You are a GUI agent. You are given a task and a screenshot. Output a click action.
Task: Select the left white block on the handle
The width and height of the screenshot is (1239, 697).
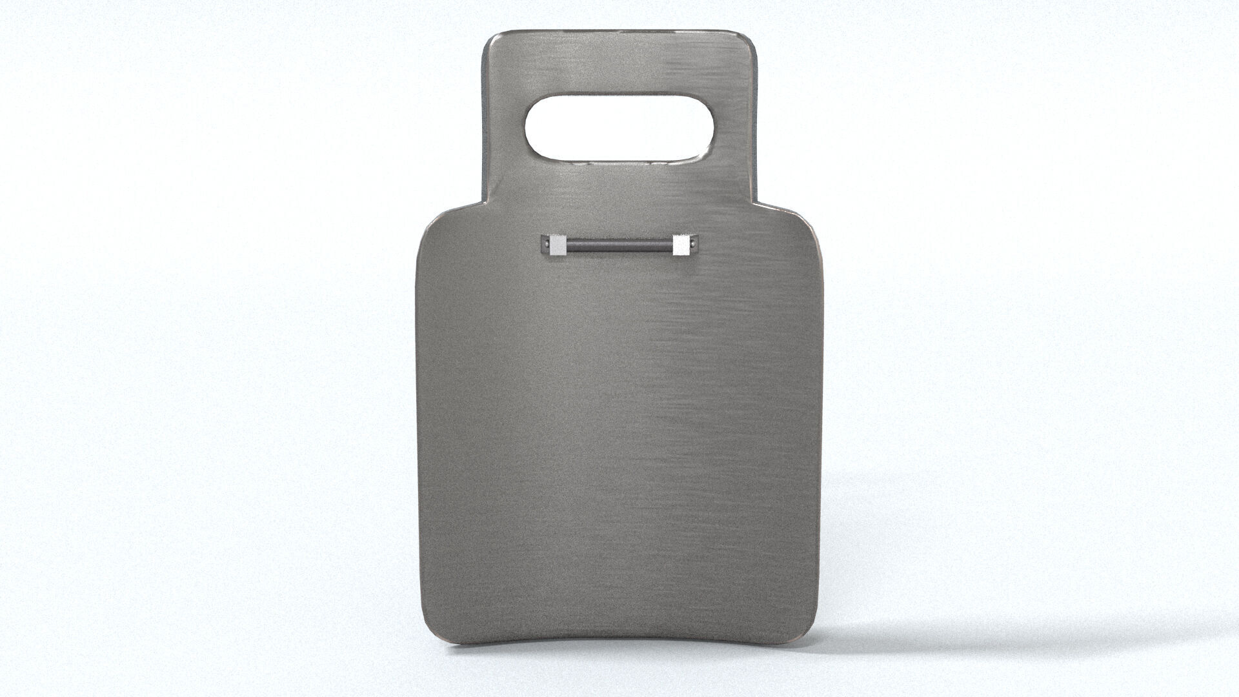pyautogui.click(x=558, y=245)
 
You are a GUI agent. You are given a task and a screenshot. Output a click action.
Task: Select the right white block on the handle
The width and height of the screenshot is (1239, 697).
pyautogui.click(x=680, y=245)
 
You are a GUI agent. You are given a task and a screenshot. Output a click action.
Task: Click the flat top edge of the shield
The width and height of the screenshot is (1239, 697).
pyautogui.click(x=619, y=30)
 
